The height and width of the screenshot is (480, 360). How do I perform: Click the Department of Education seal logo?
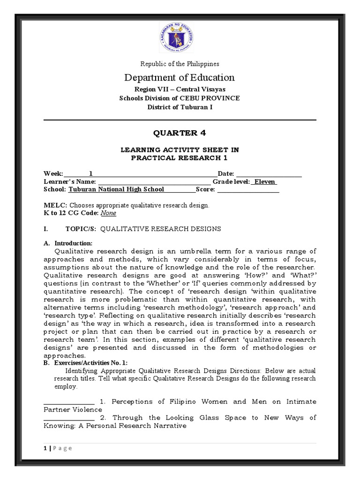[180, 38]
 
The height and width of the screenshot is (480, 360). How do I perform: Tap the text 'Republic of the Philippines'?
[180, 64]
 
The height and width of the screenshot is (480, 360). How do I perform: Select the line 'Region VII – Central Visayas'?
[180, 89]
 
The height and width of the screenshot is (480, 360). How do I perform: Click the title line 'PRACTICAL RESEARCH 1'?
[180, 158]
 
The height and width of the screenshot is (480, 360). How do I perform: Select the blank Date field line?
[268, 175]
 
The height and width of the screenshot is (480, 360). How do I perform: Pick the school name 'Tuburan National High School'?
[117, 189]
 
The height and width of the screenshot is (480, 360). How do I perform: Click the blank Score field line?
[248, 190]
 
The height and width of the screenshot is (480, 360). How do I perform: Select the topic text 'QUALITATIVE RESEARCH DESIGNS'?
[161, 229]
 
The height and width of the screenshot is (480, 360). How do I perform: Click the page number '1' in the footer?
[45, 448]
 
